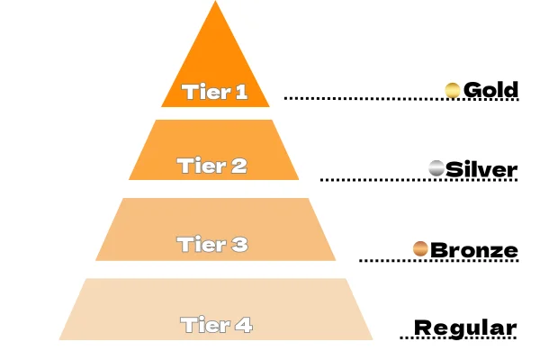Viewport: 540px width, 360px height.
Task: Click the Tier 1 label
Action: click(x=214, y=91)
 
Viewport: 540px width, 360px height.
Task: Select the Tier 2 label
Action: click(x=212, y=166)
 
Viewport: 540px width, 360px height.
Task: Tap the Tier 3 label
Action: click(x=212, y=244)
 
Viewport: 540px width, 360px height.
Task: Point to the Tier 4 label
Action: click(x=216, y=324)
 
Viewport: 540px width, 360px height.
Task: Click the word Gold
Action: click(x=491, y=90)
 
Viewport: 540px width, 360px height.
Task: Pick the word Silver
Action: click(x=482, y=169)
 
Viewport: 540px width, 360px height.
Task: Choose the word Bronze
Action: click(x=474, y=249)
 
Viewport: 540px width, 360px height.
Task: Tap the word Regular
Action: click(x=465, y=328)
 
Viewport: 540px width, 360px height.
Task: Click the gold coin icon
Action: click(x=454, y=90)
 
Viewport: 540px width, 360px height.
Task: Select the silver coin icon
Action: click(x=437, y=168)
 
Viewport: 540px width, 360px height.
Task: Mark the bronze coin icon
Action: click(x=420, y=248)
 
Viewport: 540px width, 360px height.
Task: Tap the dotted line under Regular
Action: click(x=459, y=338)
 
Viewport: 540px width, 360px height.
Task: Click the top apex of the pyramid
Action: click(x=216, y=4)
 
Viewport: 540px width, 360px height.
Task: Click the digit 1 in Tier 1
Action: click(x=239, y=91)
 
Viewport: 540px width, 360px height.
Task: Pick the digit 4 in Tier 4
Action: click(x=243, y=324)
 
